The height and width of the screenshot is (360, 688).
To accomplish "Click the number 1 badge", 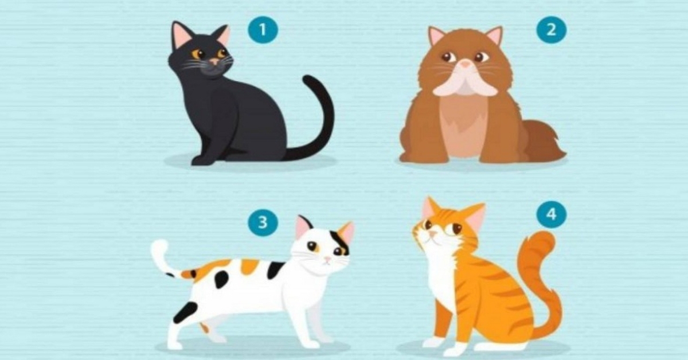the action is tap(263, 30).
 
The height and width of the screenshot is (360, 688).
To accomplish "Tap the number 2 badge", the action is tap(552, 30).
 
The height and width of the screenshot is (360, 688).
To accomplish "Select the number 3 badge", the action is tap(263, 222).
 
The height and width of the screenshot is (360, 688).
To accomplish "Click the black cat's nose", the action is tap(214, 61).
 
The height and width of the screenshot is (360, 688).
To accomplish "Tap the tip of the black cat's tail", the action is tap(308, 80).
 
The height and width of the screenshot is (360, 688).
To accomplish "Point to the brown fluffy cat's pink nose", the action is tap(466, 64).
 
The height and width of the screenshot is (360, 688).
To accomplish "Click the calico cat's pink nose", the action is tap(327, 260).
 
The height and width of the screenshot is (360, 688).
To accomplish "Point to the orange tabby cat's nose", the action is tap(432, 234).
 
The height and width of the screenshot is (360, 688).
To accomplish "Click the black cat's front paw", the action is tap(200, 161).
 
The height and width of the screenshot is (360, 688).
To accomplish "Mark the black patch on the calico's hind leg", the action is tap(185, 312).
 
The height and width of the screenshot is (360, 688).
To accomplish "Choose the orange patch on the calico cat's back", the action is tap(249, 266).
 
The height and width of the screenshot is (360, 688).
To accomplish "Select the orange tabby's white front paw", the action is tap(432, 342).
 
